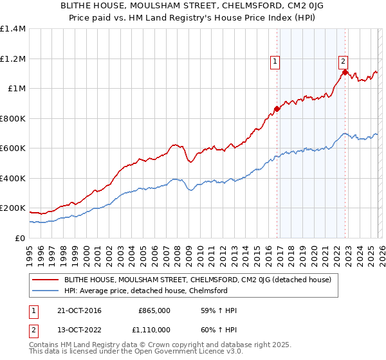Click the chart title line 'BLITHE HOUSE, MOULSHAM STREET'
click(x=193, y=6)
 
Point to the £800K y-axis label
click(x=13, y=118)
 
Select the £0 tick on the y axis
click(x=21, y=238)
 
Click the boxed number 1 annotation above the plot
click(x=275, y=62)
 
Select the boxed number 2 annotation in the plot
click(x=344, y=61)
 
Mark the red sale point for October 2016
click(x=277, y=109)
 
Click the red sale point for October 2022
click(x=345, y=73)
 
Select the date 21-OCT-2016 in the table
click(x=84, y=310)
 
